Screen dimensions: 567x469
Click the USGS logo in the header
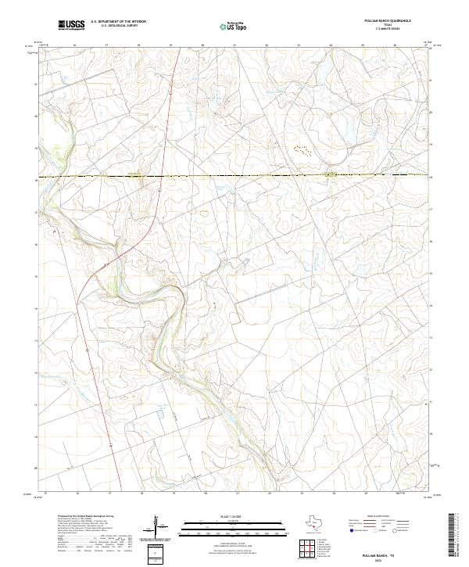71,25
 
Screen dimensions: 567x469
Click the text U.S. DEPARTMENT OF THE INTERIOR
118,22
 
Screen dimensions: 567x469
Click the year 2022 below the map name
390,559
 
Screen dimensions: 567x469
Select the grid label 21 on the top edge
234,45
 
